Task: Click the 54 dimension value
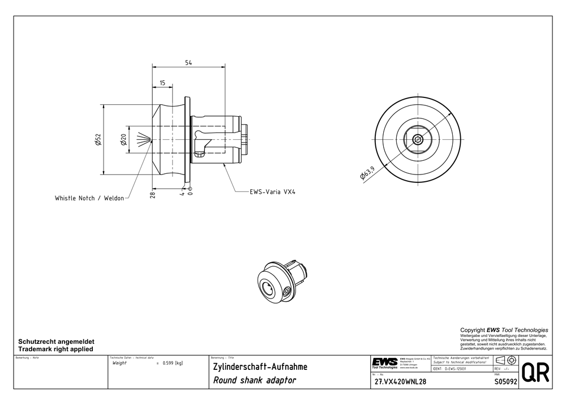(188, 62)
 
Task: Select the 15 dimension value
(162, 83)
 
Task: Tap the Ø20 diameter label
(123, 139)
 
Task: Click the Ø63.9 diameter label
(367, 173)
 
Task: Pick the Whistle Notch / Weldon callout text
(89, 199)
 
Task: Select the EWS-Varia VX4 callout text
(273, 192)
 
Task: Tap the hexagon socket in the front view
(418, 140)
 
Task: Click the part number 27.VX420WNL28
(400, 382)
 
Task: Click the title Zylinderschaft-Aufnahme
(260, 367)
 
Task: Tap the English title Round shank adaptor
(254, 381)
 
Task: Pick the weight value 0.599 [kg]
(172, 363)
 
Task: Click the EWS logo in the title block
(384, 363)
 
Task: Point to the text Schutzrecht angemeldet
(57, 342)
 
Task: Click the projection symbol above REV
(505, 360)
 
